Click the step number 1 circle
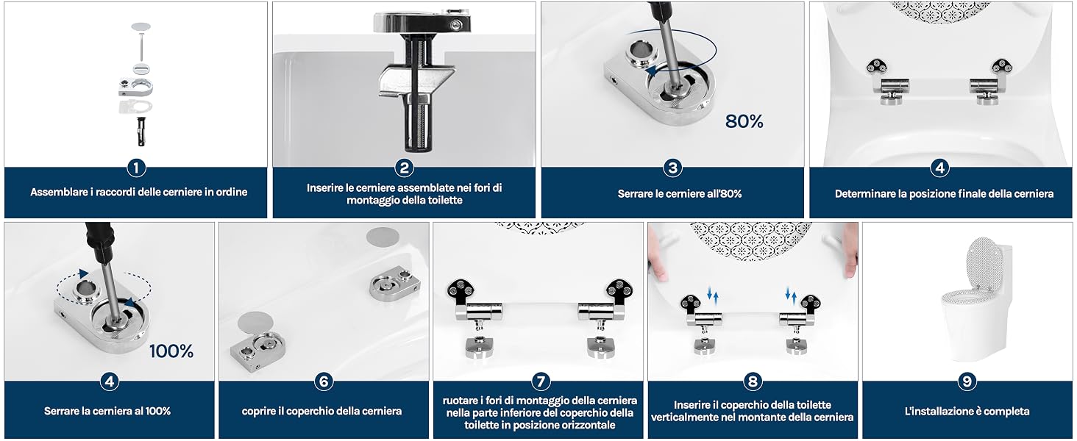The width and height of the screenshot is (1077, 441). tap(136, 168)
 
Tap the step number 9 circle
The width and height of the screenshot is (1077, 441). tap(967, 381)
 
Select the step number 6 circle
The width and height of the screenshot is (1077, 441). tap(324, 381)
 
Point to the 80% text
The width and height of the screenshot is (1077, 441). tap(744, 121)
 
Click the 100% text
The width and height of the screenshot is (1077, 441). tap(171, 351)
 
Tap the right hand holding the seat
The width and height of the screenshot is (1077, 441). tap(850, 251)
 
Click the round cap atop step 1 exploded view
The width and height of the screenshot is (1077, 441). tap(141, 27)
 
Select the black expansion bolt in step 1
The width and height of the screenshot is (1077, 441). tap(141, 131)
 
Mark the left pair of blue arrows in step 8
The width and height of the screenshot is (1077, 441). tap(713, 295)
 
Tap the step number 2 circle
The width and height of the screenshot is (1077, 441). tap(405, 168)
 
